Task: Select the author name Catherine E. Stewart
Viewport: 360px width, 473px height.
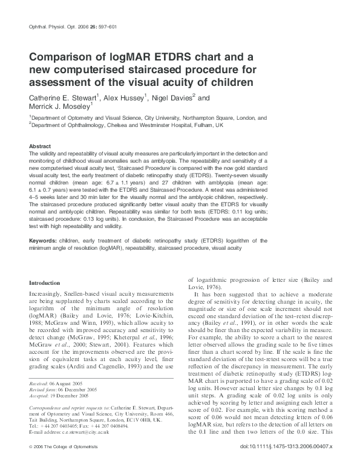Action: pyautogui.click(x=65, y=97)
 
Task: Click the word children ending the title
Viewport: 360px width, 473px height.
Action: pyautogui.click(x=230, y=82)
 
